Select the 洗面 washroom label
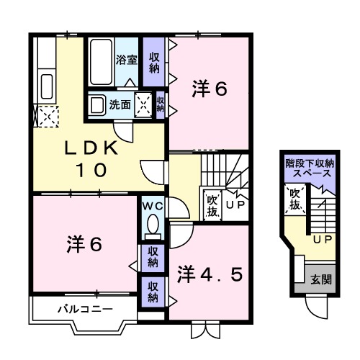click(x=120, y=104)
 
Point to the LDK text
click(x=91, y=148)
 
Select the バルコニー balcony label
click(x=85, y=310)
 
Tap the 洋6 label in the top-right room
click(x=210, y=90)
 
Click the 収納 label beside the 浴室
click(x=154, y=63)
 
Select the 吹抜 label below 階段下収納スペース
click(x=294, y=199)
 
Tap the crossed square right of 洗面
click(x=144, y=104)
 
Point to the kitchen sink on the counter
click(x=48, y=86)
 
